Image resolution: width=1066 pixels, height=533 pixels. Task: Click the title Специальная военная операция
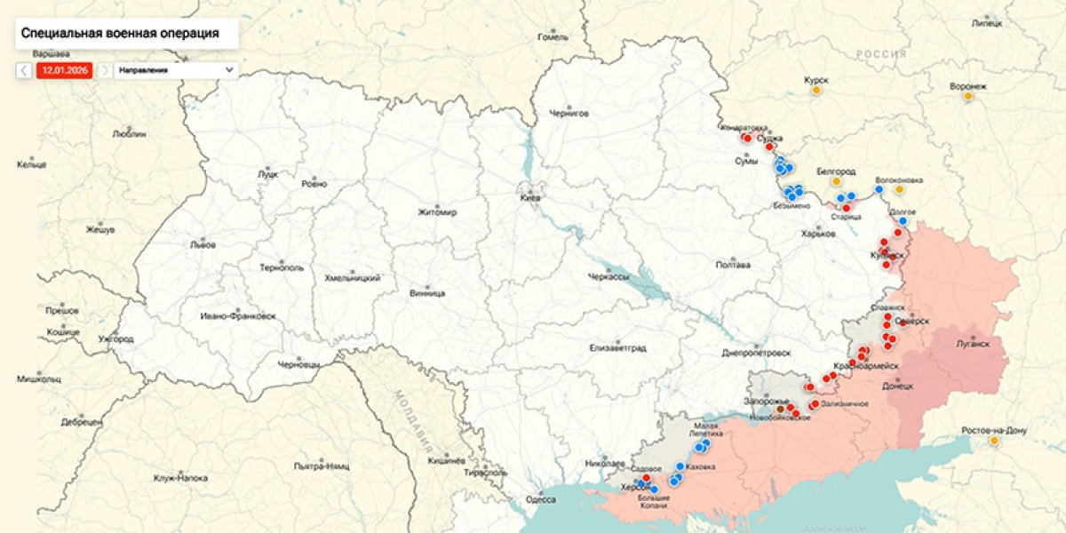point(119,33)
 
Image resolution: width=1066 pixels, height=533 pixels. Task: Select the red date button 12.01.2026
point(64,70)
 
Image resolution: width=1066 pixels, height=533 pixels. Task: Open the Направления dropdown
point(176,70)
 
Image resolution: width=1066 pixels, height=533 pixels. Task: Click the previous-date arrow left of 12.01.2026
point(24,70)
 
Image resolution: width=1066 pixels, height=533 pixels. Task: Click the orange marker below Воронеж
point(967,97)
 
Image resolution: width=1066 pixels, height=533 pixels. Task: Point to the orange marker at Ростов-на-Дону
point(993,441)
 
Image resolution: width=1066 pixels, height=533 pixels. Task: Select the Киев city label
point(529,198)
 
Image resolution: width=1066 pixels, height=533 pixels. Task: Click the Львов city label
point(203,243)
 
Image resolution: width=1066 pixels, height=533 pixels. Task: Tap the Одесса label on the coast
point(540,499)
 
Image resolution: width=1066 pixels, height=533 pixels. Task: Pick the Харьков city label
point(818,234)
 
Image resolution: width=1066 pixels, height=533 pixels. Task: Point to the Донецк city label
point(897,386)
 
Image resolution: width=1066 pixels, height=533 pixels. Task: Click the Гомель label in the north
point(553,37)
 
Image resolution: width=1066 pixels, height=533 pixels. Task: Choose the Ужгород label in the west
point(115,338)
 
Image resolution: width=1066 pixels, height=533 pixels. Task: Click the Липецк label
point(986,23)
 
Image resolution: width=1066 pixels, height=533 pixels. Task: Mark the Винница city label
point(427,292)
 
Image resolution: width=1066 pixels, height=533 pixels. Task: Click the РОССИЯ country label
point(881,54)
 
